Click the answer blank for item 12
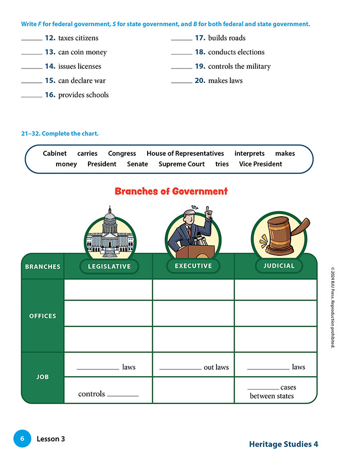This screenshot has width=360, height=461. tap(31, 40)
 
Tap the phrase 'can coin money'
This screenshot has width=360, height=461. tap(82, 52)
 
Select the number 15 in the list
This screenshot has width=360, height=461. tap(50, 80)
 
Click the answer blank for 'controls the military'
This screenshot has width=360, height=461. tap(181, 68)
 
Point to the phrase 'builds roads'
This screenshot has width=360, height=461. tap(227, 38)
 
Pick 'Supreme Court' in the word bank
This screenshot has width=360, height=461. tap(182, 164)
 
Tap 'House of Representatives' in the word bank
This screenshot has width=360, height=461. tap(185, 153)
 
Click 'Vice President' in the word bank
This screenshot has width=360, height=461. tap(260, 164)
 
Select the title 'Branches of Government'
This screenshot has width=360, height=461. tap(171, 191)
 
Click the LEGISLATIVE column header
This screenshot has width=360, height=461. tap(109, 267)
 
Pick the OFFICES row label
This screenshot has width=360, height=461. tap(43, 316)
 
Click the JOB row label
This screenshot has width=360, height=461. tap(43, 377)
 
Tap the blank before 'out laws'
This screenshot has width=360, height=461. tap(181, 369)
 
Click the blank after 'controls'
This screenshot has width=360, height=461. tap(123, 396)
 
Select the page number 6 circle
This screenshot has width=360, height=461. tap(22, 439)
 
